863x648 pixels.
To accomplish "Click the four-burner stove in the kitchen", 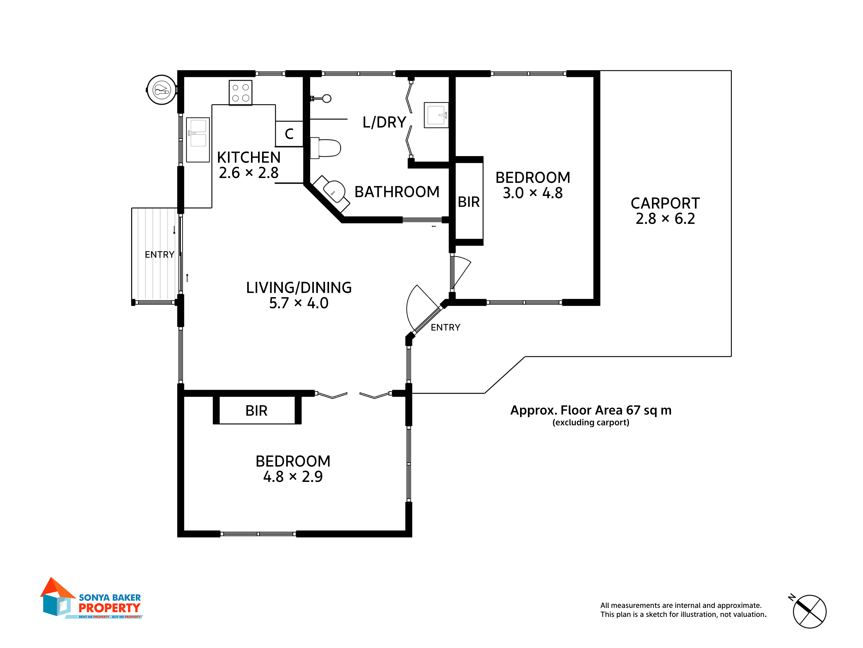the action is pos(240,93).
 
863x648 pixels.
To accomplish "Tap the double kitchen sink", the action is pos(198,140).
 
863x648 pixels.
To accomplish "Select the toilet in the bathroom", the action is pos(325,148).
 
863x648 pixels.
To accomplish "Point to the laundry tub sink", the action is pos(436,115).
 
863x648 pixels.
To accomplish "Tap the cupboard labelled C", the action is pos(289,134).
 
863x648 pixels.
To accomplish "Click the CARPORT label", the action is pos(665,203).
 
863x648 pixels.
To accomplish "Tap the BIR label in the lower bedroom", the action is pos(256,411).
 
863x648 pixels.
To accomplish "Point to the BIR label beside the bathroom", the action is pos(469,202).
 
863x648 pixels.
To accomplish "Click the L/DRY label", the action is pos(384,122).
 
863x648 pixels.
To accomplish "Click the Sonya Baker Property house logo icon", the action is pos(58,596).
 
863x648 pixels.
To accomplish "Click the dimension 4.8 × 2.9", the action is pos(293,476).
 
